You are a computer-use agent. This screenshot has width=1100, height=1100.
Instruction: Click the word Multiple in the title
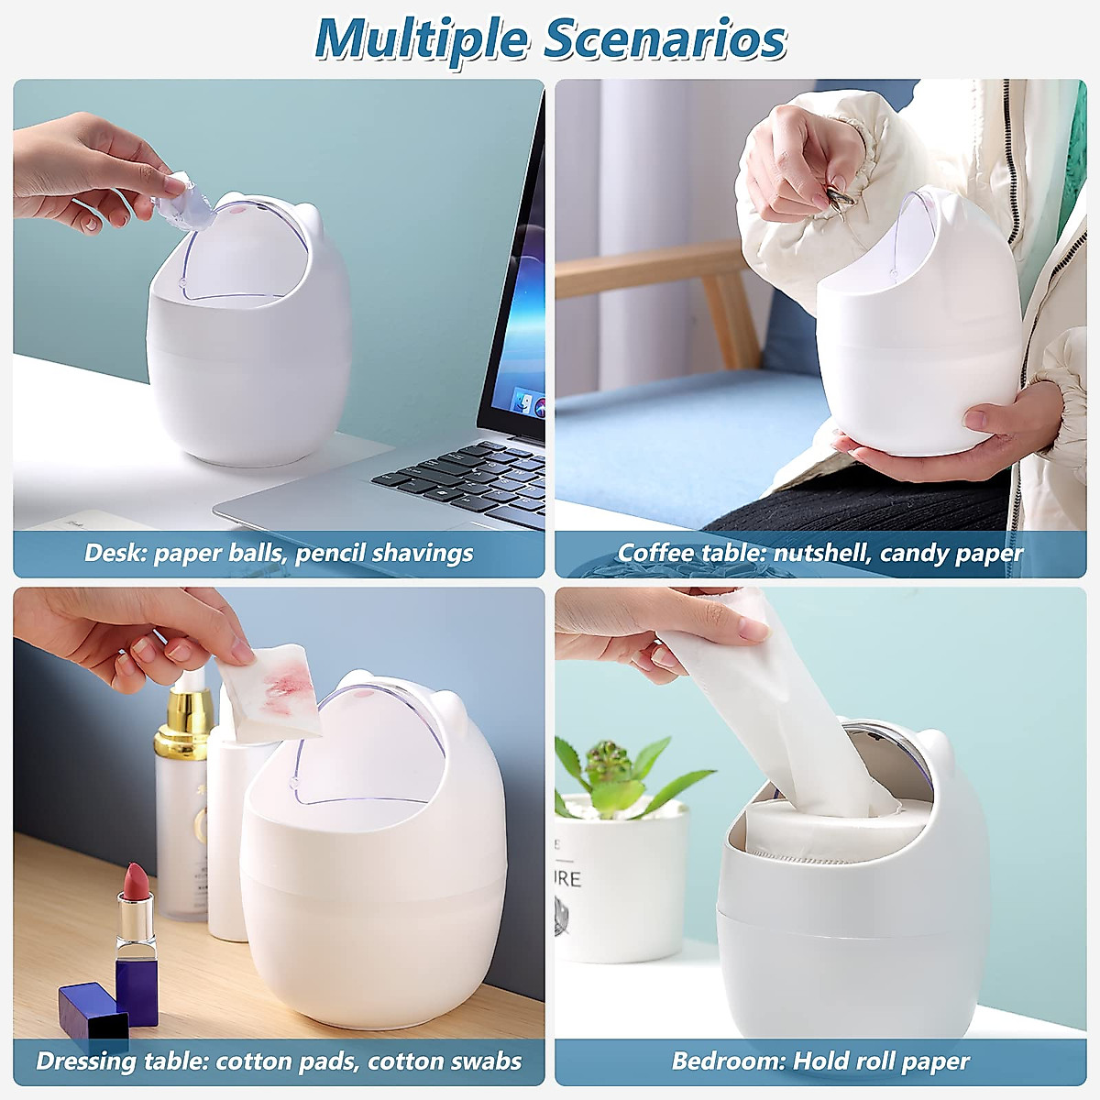pos(422,38)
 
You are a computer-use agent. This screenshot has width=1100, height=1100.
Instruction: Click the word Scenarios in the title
pos(665,38)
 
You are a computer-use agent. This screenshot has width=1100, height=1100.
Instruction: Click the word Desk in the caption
pos(115,553)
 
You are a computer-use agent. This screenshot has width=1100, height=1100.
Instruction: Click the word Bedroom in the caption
pos(727,1061)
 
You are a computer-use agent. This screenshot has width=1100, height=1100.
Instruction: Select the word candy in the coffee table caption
pos(916,553)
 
